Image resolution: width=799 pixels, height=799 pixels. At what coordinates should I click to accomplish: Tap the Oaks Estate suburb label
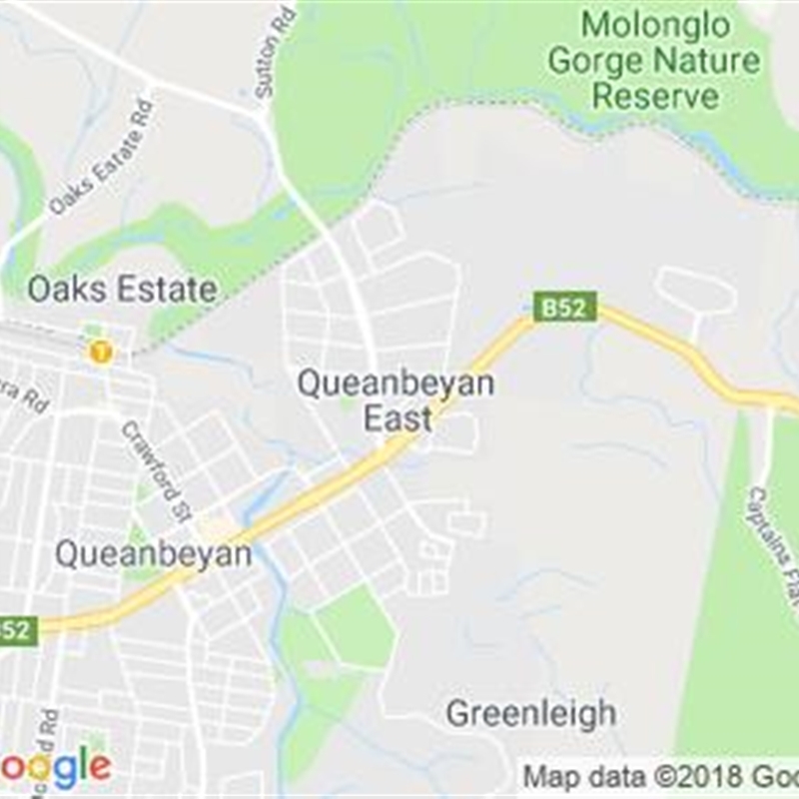(x=122, y=290)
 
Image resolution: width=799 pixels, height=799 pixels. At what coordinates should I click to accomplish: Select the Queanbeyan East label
(x=396, y=399)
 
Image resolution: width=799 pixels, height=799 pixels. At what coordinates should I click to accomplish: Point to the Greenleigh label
(x=530, y=713)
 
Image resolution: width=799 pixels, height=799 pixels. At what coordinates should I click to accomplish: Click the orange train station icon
(x=99, y=352)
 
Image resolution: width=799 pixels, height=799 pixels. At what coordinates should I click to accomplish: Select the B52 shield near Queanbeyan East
(x=564, y=307)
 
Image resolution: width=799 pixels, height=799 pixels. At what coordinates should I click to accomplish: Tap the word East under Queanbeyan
(x=398, y=418)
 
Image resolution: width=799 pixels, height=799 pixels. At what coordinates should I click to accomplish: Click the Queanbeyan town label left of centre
(x=153, y=553)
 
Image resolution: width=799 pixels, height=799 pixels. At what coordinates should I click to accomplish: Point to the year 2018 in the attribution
(x=700, y=776)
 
